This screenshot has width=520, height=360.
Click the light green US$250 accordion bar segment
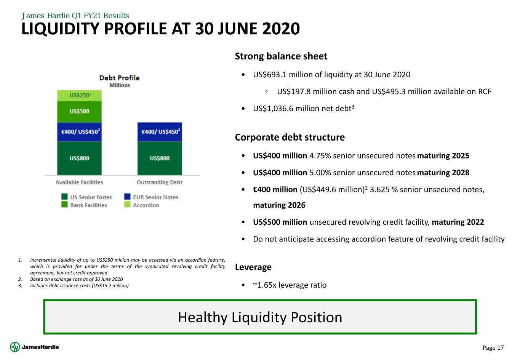tap(79, 96)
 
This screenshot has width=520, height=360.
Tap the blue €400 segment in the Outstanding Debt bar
tap(160, 132)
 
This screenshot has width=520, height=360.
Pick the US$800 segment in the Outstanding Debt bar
tap(160, 158)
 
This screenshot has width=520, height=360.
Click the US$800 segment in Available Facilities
tap(79, 158)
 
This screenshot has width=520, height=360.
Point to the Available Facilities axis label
tap(79, 182)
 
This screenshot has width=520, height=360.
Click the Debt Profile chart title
tap(119, 78)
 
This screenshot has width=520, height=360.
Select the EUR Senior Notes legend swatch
tap(127, 197)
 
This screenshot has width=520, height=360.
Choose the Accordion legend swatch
tap(127, 205)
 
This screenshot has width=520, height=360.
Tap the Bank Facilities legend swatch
tap(64, 205)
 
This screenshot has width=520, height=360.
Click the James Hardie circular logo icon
tap(15, 347)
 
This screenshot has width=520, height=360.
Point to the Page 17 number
tap(493, 348)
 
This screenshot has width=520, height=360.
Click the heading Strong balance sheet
tap(281, 56)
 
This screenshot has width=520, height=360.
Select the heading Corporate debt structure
tap(290, 138)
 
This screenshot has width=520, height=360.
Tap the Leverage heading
tap(253, 267)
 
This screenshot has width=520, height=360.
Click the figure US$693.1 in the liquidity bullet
tap(270, 75)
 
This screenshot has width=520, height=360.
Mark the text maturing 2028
tap(443, 173)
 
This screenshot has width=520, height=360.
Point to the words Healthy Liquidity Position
tap(260, 317)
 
